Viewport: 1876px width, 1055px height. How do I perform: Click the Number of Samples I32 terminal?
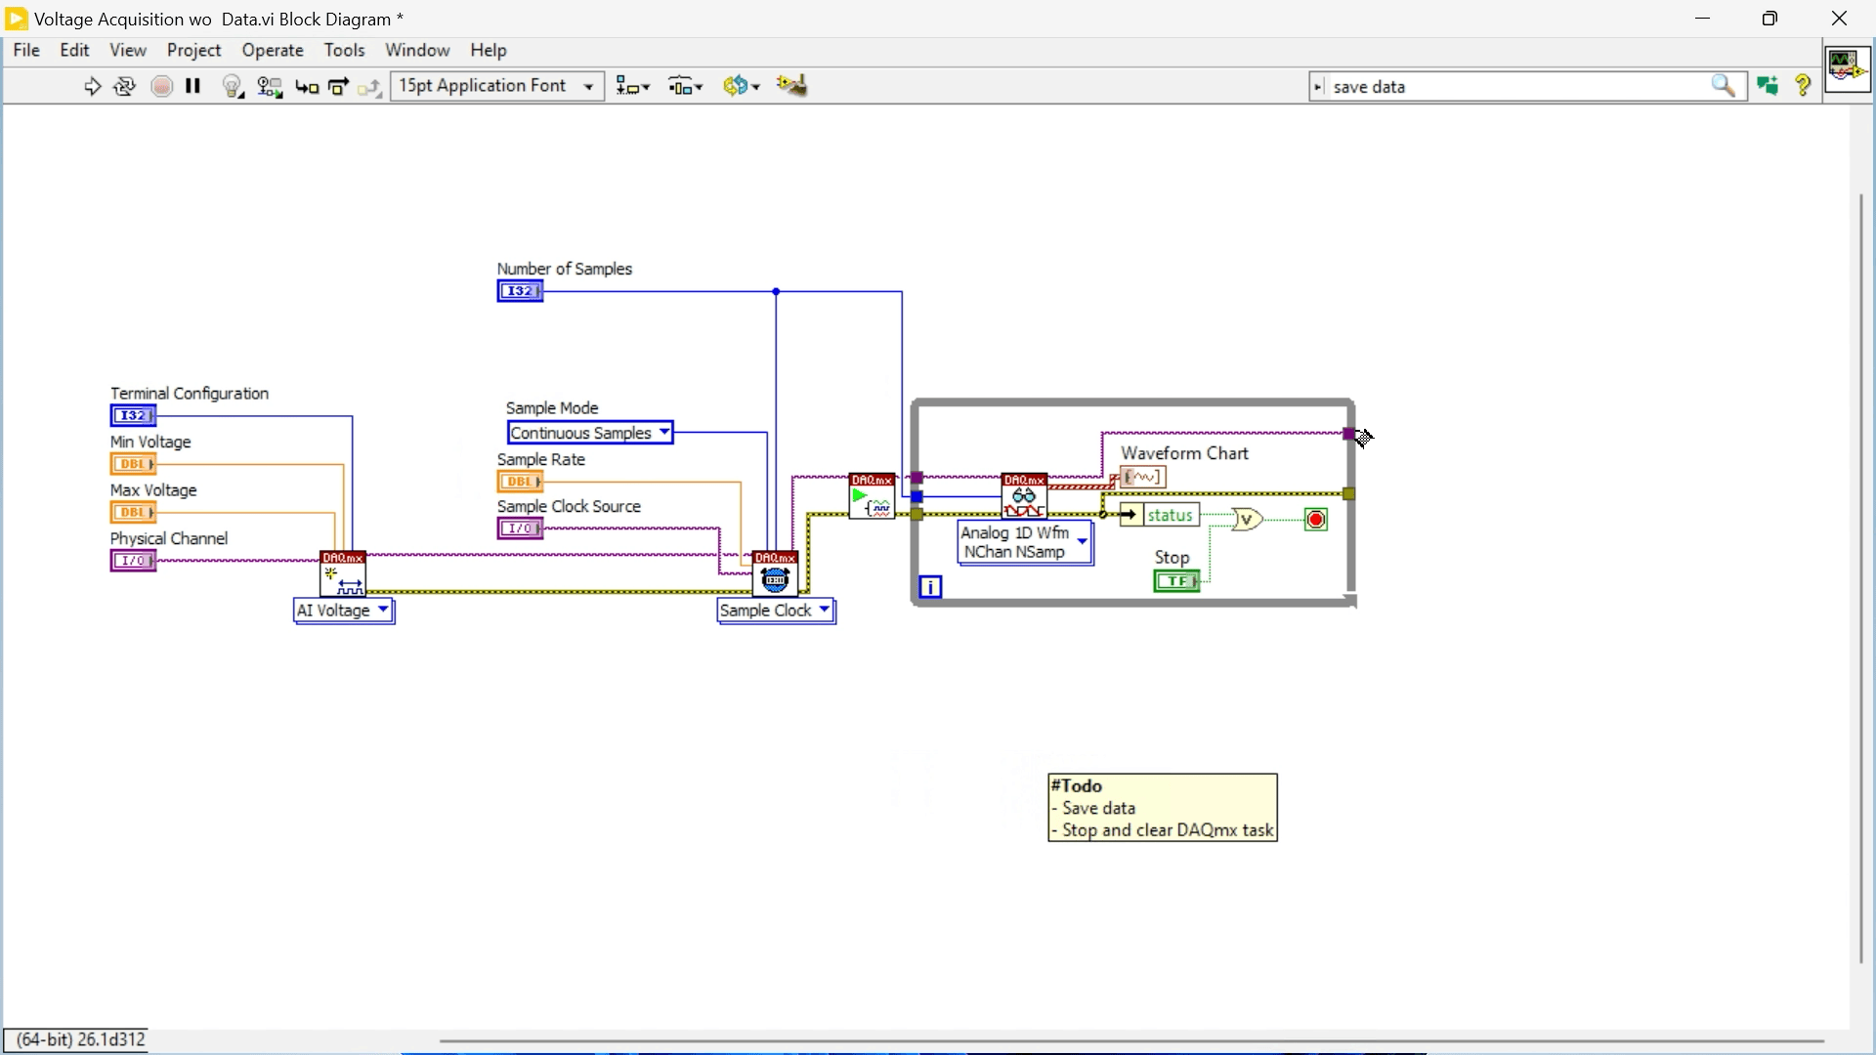520,291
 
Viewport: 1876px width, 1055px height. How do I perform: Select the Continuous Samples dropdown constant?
590,433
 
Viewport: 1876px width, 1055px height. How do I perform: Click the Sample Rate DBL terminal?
520,482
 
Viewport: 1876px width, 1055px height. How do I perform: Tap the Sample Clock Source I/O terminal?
520,528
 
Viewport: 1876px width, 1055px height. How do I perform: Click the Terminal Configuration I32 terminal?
133,416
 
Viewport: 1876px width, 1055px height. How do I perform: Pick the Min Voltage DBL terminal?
133,464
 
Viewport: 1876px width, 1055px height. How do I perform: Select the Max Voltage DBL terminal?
133,512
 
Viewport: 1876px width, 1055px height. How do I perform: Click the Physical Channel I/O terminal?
133,561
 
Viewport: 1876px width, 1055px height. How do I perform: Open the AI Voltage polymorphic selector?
344,611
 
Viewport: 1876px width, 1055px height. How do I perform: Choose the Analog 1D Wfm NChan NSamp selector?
1025,542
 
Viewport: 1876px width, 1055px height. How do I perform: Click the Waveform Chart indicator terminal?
1143,478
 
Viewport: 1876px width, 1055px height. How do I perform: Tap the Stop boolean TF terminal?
1176,581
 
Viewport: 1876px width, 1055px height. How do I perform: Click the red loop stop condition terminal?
1316,520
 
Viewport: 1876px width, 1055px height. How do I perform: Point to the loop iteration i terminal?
930,587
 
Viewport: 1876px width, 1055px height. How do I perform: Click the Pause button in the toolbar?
193,86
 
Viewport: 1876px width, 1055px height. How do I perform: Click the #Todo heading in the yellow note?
1077,786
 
